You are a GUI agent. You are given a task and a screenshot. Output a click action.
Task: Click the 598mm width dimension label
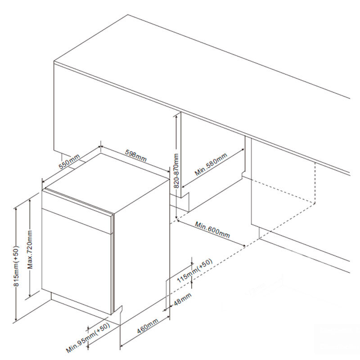136,156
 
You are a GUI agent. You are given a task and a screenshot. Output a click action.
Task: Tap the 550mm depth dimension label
69,162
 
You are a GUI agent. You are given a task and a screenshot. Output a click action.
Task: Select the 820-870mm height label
176,171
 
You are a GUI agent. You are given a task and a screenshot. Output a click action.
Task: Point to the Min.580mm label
211,164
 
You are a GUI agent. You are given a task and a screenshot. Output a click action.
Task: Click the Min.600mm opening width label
212,229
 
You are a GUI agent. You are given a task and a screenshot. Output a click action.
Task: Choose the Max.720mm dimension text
30,249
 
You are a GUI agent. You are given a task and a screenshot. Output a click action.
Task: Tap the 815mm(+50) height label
16,266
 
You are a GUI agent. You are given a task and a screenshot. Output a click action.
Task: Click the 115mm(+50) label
195,270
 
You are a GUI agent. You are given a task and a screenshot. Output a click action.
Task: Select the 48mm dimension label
183,299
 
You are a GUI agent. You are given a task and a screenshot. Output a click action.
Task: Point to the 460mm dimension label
148,326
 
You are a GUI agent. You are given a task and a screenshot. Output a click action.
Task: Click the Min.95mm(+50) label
88,337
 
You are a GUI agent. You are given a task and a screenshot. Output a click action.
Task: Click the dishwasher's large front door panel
76,262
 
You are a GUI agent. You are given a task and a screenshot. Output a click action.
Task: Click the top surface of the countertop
202,76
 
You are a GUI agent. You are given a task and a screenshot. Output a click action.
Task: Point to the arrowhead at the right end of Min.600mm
244,245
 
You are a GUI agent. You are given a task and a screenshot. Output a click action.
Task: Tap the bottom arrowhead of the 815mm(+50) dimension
16,319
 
